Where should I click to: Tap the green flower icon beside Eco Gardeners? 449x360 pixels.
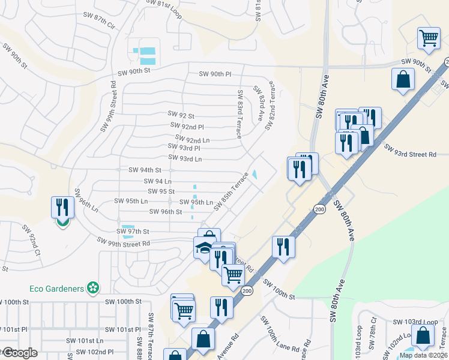click(x=92, y=289)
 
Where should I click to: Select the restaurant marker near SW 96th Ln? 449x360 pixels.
click(x=62, y=208)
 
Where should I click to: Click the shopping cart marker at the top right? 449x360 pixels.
click(x=429, y=38)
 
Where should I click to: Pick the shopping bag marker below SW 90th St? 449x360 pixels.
click(x=403, y=79)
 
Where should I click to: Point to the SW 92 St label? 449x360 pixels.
click(x=181, y=115)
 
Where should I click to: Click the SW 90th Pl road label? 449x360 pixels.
click(x=215, y=74)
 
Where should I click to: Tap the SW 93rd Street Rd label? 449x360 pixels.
click(x=411, y=154)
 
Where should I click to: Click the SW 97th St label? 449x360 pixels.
click(x=133, y=231)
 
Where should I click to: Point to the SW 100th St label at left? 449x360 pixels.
click(x=122, y=301)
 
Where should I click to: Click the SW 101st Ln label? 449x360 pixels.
click(x=91, y=341)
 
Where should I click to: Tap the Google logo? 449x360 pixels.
click(x=19, y=353)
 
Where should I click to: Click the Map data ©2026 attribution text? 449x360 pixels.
click(x=423, y=355)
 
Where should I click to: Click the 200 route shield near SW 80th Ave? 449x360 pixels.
click(x=318, y=208)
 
